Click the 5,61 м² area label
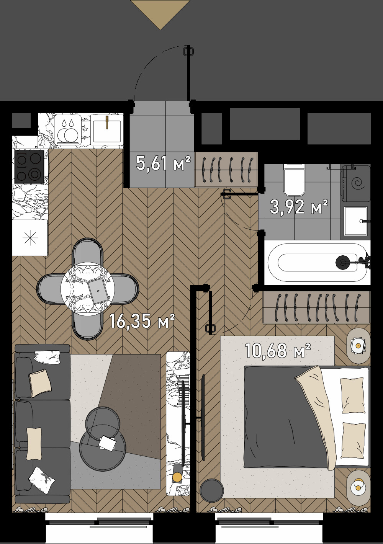click(163, 163)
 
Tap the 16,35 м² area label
click(142, 321)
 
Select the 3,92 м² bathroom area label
click(299, 207)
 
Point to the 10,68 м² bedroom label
click(277, 350)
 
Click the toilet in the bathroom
click(294, 180)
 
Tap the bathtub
click(318, 263)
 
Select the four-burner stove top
click(29, 167)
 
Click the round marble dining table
click(88, 289)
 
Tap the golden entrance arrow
click(160, 14)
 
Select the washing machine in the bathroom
click(356, 183)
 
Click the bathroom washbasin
click(355, 221)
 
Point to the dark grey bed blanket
click(283, 421)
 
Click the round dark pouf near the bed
click(211, 490)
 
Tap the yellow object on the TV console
click(177, 477)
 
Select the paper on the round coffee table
click(108, 443)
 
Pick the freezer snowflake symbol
click(30, 238)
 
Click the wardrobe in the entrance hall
click(226, 170)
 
